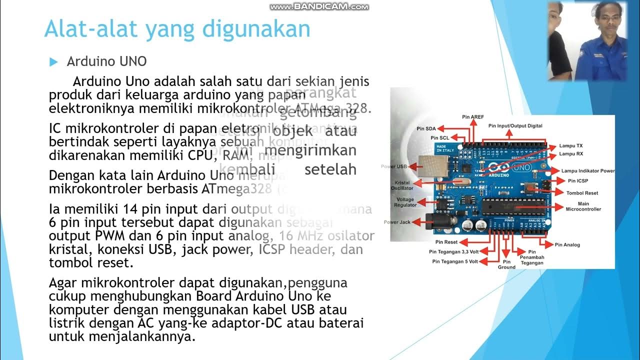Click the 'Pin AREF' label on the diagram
click(472, 117)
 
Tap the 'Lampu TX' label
click(570, 146)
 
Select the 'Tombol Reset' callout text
click(582, 193)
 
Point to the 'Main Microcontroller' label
click(583, 206)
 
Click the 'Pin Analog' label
click(567, 245)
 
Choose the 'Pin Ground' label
click(506, 264)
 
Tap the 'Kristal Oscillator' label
click(402, 185)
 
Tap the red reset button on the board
click(531, 186)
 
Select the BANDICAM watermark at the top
click(319, 6)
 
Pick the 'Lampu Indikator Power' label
click(587, 171)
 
